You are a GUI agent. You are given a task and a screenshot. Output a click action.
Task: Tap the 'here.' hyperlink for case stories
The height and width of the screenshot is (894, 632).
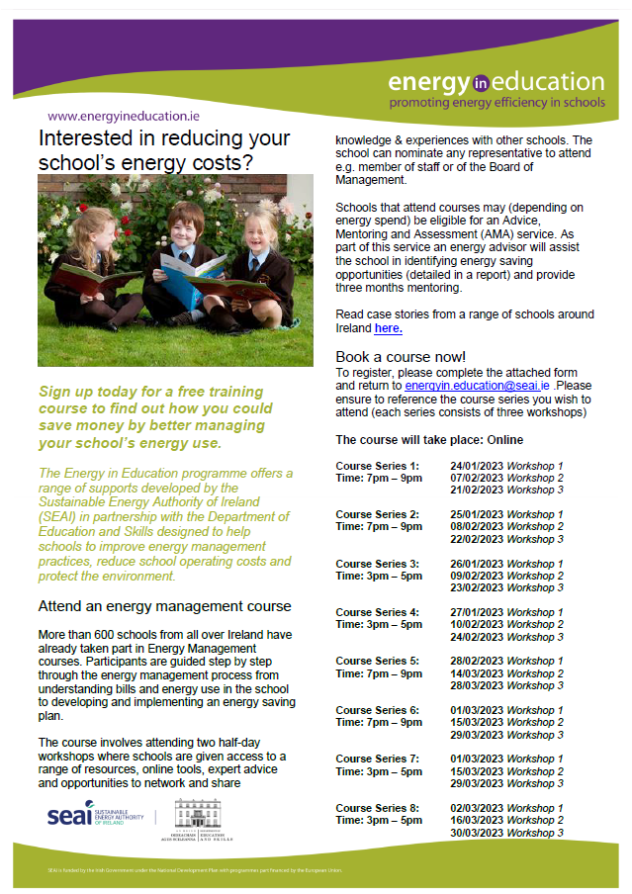point(388,327)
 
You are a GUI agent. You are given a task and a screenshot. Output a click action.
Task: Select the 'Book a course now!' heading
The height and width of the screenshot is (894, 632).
point(401,356)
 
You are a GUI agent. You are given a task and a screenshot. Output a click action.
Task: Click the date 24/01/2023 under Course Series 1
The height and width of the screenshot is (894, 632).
point(477,465)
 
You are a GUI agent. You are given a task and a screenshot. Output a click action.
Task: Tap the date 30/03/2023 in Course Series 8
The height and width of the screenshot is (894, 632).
point(477,833)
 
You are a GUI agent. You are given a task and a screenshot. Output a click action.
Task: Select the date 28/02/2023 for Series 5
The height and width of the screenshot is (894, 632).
point(477,661)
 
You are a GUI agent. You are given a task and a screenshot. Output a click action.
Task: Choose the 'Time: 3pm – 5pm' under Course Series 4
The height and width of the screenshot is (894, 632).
point(379,625)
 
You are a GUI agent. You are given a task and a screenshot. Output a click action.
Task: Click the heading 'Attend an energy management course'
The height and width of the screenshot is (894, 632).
point(164,606)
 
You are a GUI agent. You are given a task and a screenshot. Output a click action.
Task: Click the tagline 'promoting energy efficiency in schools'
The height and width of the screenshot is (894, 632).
point(497,102)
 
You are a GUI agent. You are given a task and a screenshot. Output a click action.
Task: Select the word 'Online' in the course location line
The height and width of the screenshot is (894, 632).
point(503,439)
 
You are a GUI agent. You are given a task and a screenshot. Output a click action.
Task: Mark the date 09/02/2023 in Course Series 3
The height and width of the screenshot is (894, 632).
point(477,576)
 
